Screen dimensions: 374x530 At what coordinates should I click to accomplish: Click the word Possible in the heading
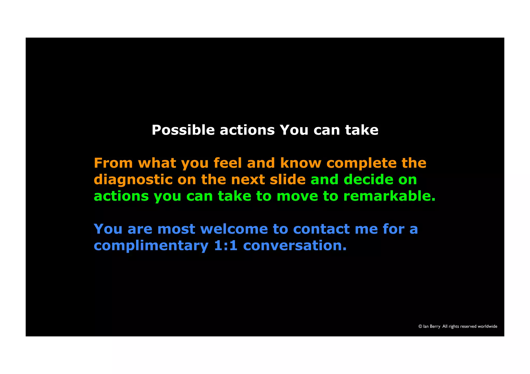click(183, 130)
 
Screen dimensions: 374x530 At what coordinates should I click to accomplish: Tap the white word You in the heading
click(294, 130)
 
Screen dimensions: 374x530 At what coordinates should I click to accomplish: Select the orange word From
click(113, 163)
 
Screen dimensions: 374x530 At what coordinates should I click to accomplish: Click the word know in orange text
click(300, 163)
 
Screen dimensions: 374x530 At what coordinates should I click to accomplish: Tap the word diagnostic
click(133, 180)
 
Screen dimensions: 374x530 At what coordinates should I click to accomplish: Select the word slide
click(288, 179)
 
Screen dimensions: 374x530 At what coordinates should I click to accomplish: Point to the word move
click(297, 196)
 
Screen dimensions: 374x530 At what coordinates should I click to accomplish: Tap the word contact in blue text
click(321, 229)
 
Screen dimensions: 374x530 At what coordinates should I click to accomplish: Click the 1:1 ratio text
click(226, 246)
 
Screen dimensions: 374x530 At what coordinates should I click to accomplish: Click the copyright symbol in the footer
click(420, 326)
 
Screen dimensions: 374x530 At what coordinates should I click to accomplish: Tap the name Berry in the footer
click(435, 326)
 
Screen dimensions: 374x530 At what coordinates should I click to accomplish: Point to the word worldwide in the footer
click(487, 326)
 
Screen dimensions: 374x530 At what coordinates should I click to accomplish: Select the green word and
click(324, 179)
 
